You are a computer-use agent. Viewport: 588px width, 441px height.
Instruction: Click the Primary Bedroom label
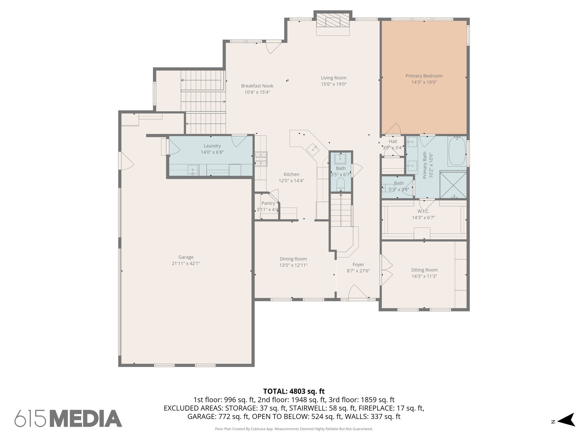click(424, 76)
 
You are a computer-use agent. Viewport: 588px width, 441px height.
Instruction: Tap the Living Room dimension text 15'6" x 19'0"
click(334, 84)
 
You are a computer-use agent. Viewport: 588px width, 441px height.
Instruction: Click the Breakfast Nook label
click(257, 86)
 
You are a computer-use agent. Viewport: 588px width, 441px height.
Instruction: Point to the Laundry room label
click(212, 146)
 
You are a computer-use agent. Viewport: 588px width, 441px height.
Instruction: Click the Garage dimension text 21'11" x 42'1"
click(186, 264)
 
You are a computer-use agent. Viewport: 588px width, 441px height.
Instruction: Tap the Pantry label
click(268, 203)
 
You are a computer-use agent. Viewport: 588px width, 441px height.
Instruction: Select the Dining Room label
click(293, 259)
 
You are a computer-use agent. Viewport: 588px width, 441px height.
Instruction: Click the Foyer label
click(358, 264)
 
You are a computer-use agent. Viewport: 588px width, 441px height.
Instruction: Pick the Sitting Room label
click(424, 270)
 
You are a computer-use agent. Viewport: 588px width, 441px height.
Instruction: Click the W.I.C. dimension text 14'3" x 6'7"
click(423, 218)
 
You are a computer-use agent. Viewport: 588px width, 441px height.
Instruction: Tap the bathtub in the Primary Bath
click(457, 151)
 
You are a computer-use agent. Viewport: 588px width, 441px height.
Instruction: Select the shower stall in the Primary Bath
click(453, 185)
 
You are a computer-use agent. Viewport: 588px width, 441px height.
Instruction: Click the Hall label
click(393, 142)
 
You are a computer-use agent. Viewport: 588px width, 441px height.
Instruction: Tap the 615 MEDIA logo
click(68, 419)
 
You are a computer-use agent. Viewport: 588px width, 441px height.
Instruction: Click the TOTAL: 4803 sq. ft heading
click(294, 391)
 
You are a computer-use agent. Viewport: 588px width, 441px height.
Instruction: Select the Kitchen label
click(291, 174)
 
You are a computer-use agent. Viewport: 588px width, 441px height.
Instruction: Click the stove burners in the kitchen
click(261, 159)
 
